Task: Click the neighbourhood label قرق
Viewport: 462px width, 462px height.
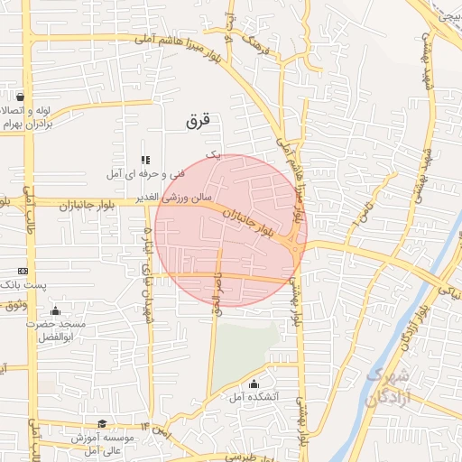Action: click(x=197, y=119)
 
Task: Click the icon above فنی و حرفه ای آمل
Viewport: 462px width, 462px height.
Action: click(x=144, y=160)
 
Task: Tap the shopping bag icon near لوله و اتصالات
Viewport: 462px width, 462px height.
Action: click(x=20, y=97)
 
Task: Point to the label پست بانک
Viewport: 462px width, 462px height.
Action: click(x=22, y=284)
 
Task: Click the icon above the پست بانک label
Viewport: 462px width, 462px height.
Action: click(x=23, y=271)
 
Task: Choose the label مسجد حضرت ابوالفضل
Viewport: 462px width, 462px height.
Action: click(x=56, y=328)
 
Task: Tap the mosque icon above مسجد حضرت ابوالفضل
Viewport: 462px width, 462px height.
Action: click(x=56, y=310)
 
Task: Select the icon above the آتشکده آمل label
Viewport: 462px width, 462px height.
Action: click(x=254, y=383)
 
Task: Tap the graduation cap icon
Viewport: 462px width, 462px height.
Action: click(x=102, y=423)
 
